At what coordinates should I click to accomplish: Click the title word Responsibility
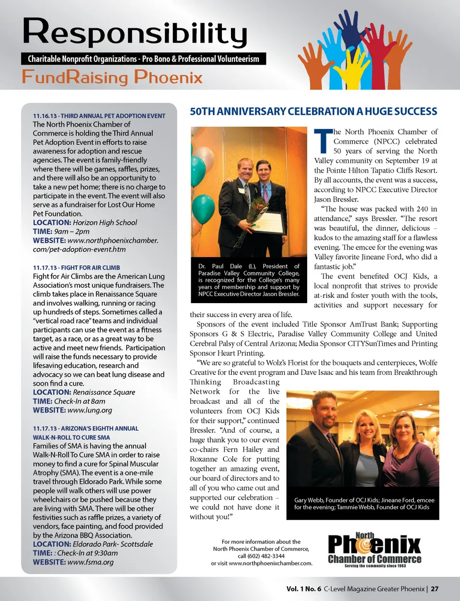pos(135,33)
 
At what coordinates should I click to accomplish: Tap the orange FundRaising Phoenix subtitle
pos(112,77)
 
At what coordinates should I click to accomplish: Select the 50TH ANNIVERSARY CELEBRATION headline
pos(313,112)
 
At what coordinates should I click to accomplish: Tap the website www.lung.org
pos(90,410)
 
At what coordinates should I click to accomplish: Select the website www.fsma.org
pos(91,562)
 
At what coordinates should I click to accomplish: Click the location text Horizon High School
pos(105,223)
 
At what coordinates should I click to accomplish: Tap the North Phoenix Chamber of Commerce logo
pos(374,550)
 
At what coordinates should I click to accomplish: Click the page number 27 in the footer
pos(434,589)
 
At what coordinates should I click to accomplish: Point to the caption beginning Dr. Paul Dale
pos(249,280)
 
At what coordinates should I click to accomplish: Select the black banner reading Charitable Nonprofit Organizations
pos(143,59)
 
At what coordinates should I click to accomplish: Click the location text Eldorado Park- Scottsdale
pos(113,544)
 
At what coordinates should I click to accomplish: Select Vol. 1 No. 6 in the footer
pos(304,589)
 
